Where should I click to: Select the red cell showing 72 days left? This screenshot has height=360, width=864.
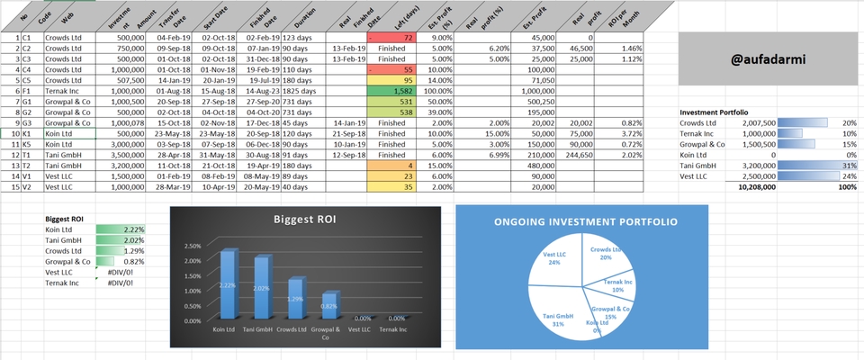coord(392,38)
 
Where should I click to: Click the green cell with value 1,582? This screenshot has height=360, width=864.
coord(392,91)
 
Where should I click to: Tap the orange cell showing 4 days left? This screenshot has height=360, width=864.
coord(392,166)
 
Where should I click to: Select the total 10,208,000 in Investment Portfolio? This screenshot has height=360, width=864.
coord(755,188)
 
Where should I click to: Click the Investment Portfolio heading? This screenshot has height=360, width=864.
coord(714,112)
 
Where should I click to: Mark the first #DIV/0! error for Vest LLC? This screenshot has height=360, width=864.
coord(120,272)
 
